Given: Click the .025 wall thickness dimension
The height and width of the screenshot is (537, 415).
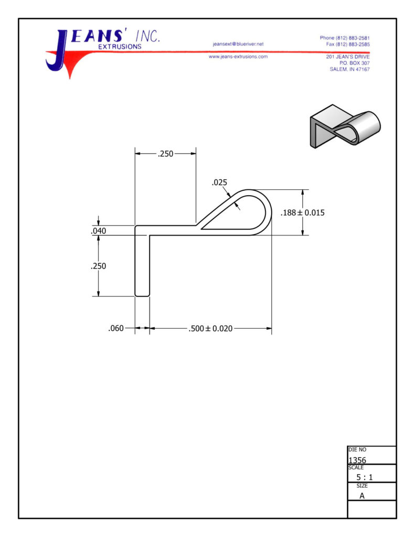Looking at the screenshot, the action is click(219, 182).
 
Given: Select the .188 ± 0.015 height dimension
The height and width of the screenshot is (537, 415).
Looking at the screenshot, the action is click(303, 213).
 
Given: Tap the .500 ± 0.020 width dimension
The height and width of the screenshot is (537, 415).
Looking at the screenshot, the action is click(210, 328).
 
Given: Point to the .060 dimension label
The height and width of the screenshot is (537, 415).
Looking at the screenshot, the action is click(116, 328).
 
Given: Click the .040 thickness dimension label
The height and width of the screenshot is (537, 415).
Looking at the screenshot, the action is click(98, 231).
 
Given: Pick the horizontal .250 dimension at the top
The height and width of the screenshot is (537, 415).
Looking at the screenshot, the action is click(165, 154).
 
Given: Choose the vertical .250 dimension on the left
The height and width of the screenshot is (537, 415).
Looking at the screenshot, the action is click(98, 266).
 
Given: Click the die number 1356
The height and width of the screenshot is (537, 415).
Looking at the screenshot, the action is click(357, 460).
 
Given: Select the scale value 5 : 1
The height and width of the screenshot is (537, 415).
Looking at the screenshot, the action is click(364, 477).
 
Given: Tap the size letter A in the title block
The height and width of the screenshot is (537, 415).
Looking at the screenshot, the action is click(362, 496).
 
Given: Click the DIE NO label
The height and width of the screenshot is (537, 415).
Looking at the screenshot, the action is click(357, 449).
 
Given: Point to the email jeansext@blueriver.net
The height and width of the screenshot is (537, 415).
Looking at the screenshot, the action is click(238, 44).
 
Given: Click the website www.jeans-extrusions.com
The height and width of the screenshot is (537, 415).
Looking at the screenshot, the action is click(238, 57).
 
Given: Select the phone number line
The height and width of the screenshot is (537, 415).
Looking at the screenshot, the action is click(345, 38).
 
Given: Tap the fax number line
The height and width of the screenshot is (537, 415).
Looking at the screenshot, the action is click(348, 44).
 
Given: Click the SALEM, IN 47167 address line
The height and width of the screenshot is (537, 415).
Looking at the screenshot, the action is click(349, 69).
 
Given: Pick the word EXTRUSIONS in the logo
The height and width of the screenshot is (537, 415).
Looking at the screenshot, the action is click(120, 47).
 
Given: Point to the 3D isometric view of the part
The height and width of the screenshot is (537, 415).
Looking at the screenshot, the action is click(345, 126).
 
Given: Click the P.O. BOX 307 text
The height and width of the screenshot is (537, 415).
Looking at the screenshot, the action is click(354, 63).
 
